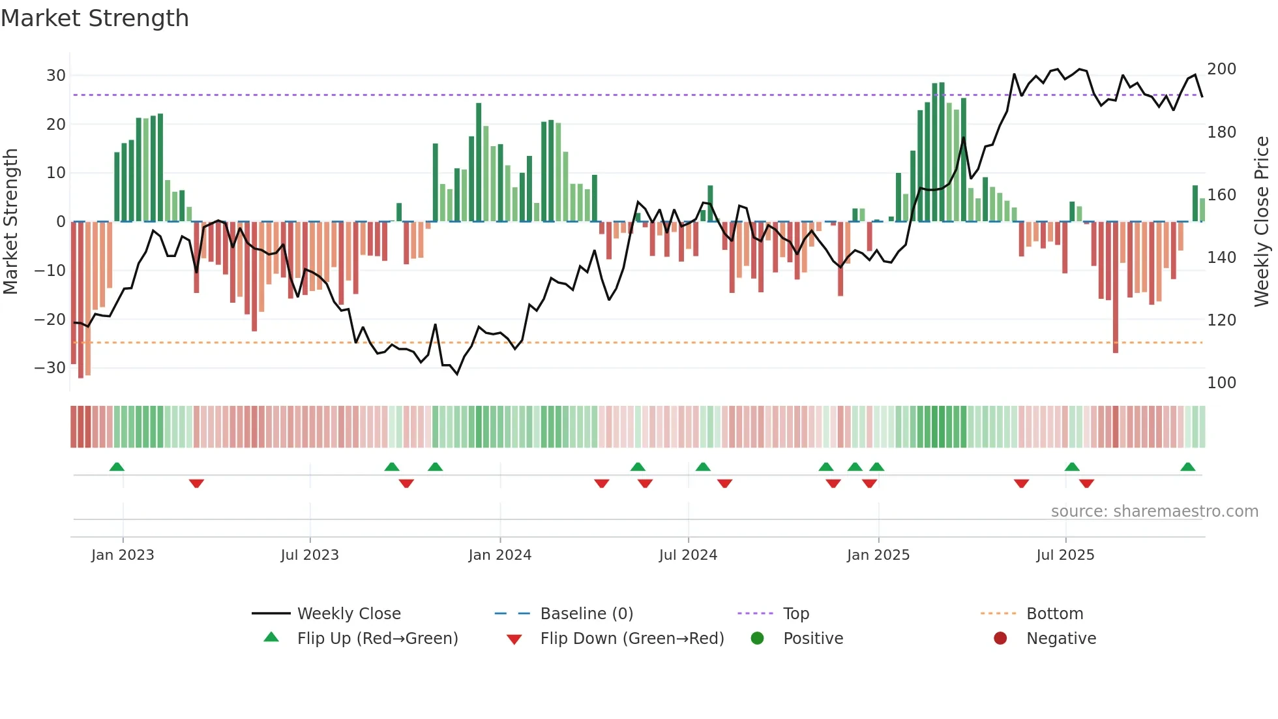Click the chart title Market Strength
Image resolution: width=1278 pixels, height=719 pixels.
coord(95,18)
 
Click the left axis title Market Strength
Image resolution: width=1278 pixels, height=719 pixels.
coord(10,222)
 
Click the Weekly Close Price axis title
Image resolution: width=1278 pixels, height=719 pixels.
coord(1262,222)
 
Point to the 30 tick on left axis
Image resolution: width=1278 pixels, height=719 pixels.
coord(56,76)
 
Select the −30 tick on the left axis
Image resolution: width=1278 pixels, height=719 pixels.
coord(50,368)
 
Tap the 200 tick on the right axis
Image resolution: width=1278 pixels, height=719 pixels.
coord(1221,69)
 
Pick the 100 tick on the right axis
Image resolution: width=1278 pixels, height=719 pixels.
coord(1221,383)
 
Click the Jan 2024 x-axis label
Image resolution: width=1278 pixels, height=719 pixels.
coord(499,555)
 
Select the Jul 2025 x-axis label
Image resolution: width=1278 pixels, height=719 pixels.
coord(1065,555)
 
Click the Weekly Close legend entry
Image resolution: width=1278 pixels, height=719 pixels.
coord(348,614)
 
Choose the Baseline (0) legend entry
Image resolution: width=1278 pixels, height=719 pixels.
coord(586,614)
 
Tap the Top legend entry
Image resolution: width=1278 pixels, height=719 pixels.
coord(795,614)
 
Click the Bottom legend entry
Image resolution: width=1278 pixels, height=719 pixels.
coord(1054,614)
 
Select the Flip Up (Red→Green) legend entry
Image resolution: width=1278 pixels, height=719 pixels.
coord(377,639)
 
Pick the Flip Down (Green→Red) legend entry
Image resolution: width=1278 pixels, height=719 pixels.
coord(632,639)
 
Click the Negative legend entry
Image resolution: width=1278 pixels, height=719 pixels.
coord(1061,639)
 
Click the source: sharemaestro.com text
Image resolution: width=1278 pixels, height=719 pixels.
coord(1154,512)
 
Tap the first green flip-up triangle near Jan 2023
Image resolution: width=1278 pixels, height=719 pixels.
coord(117,467)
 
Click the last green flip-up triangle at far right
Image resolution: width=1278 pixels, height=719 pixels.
coord(1187,467)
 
